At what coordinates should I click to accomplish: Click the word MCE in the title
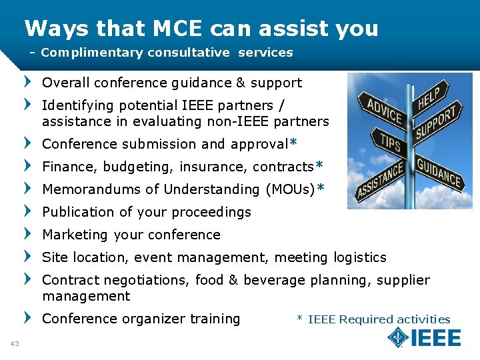[x=172, y=29]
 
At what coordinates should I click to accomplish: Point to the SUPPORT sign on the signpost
[x=438, y=123]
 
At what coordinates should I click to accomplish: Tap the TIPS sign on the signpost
[x=391, y=143]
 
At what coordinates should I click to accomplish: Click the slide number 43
[x=15, y=343]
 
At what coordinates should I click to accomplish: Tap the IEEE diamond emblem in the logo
[x=398, y=337]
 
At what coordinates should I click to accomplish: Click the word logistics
[x=360, y=257]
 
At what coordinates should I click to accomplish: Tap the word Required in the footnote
[x=367, y=319]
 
